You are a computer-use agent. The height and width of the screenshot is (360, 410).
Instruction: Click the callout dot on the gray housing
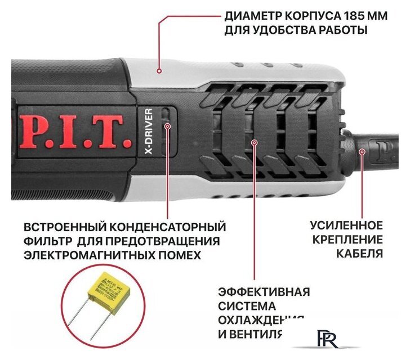(x=160, y=71)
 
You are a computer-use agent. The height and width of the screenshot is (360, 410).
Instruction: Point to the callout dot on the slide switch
(x=167, y=126)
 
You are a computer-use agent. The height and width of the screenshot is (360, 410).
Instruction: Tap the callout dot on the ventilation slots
(x=254, y=143)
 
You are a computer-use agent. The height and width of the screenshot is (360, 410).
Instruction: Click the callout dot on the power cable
(x=362, y=151)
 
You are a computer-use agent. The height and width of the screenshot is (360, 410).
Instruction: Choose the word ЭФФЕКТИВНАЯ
(x=264, y=292)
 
